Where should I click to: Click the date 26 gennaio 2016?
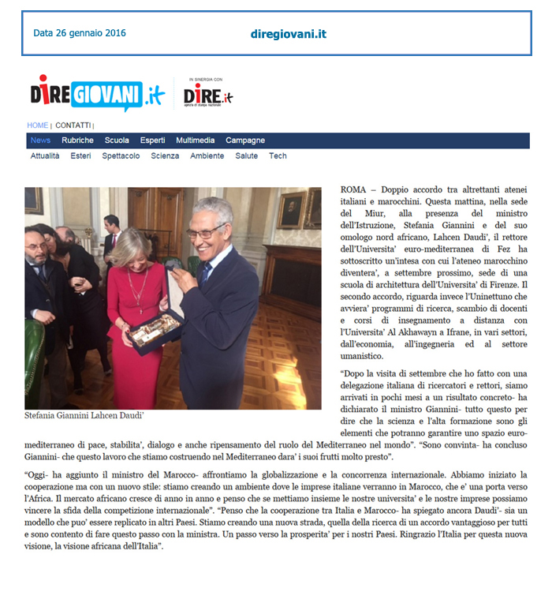coord(79,33)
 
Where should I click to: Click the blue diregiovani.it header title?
coord(288,34)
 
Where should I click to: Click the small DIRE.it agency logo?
coord(207,96)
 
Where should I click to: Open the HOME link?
coord(38,126)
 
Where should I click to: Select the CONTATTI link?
coord(73,126)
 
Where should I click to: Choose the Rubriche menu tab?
coord(77,141)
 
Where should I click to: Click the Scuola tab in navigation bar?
coord(117,141)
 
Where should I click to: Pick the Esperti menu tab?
coord(152,141)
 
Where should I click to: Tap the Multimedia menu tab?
coord(195,141)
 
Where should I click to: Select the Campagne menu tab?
coord(245,141)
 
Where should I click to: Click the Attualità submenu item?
coord(45,156)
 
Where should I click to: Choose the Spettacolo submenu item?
coord(121,156)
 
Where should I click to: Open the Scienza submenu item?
coord(165,156)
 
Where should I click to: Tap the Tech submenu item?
coord(278,156)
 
